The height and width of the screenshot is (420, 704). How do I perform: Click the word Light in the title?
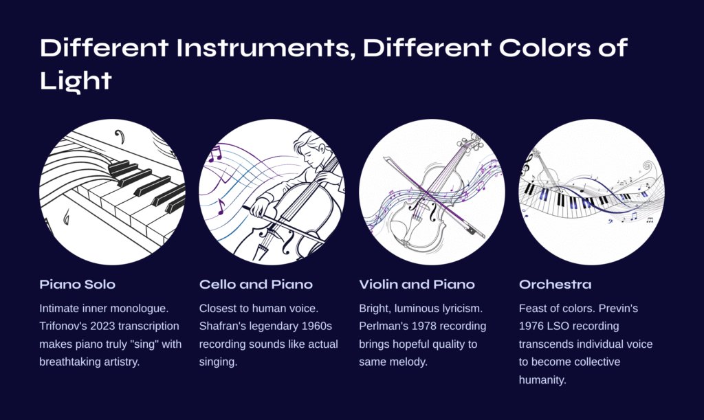76,81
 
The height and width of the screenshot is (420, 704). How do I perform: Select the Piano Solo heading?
77,284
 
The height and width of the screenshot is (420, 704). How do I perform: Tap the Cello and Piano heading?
256,284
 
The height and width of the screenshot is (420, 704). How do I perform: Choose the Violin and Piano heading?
417,284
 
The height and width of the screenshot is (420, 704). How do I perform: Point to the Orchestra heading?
555,284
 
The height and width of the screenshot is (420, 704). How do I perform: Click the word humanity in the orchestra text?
542,380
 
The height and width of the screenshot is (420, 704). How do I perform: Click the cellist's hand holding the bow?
259,208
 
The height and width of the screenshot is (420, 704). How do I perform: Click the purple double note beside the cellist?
215,154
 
